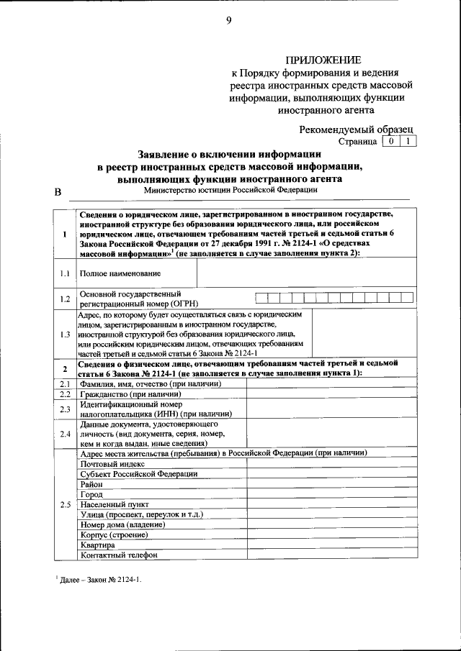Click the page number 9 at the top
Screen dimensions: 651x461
(229, 21)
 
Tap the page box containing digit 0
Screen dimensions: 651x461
(390, 142)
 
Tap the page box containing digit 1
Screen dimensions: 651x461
(408, 142)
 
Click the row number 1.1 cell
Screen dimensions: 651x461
(64, 273)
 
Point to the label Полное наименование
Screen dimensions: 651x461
(120, 273)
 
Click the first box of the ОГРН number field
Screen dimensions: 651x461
(261, 298)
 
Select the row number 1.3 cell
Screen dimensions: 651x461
(64, 334)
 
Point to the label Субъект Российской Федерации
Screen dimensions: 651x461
(139, 474)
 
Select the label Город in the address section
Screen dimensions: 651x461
(91, 494)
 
